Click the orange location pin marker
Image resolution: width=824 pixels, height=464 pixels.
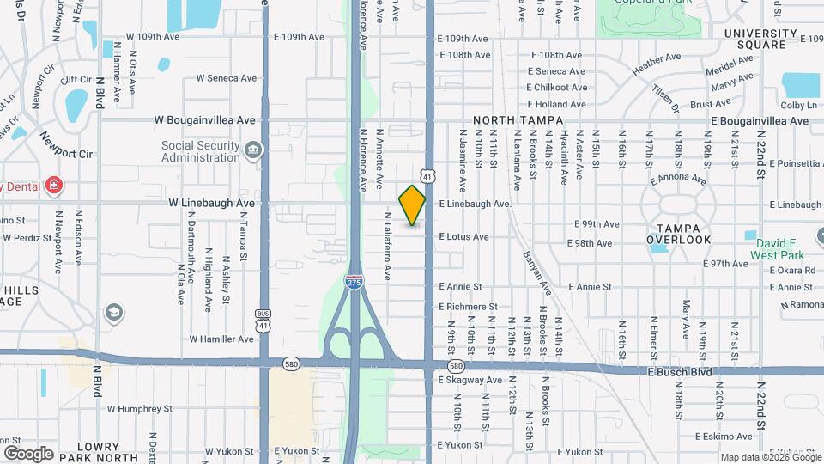coord(412,205)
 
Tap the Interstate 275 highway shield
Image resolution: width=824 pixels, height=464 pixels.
coord(354,280)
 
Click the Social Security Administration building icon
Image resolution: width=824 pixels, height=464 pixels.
coord(252,151)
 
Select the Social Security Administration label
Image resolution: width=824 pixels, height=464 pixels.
coord(200,151)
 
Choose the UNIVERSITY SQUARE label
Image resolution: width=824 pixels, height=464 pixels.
coord(766,39)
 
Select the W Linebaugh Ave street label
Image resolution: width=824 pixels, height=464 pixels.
coord(211,203)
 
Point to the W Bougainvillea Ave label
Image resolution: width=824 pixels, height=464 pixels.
coord(205,120)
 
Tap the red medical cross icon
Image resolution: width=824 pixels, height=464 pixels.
coord(54,185)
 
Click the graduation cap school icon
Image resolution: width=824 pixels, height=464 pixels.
coord(113,313)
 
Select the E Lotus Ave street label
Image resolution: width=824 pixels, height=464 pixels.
coord(463,236)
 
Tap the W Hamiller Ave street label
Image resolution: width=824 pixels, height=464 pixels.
coord(221,339)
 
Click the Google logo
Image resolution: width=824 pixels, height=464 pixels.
coord(28,453)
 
